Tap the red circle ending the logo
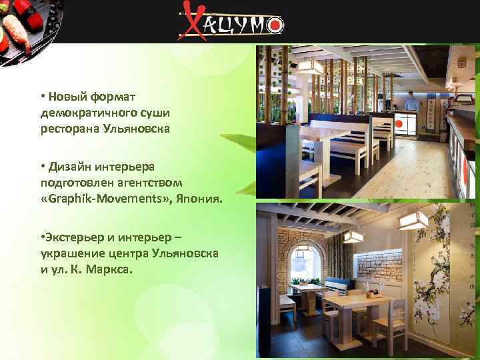click(x=275, y=25)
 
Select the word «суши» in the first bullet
click(x=155, y=113)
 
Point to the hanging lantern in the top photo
click(x=310, y=65)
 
